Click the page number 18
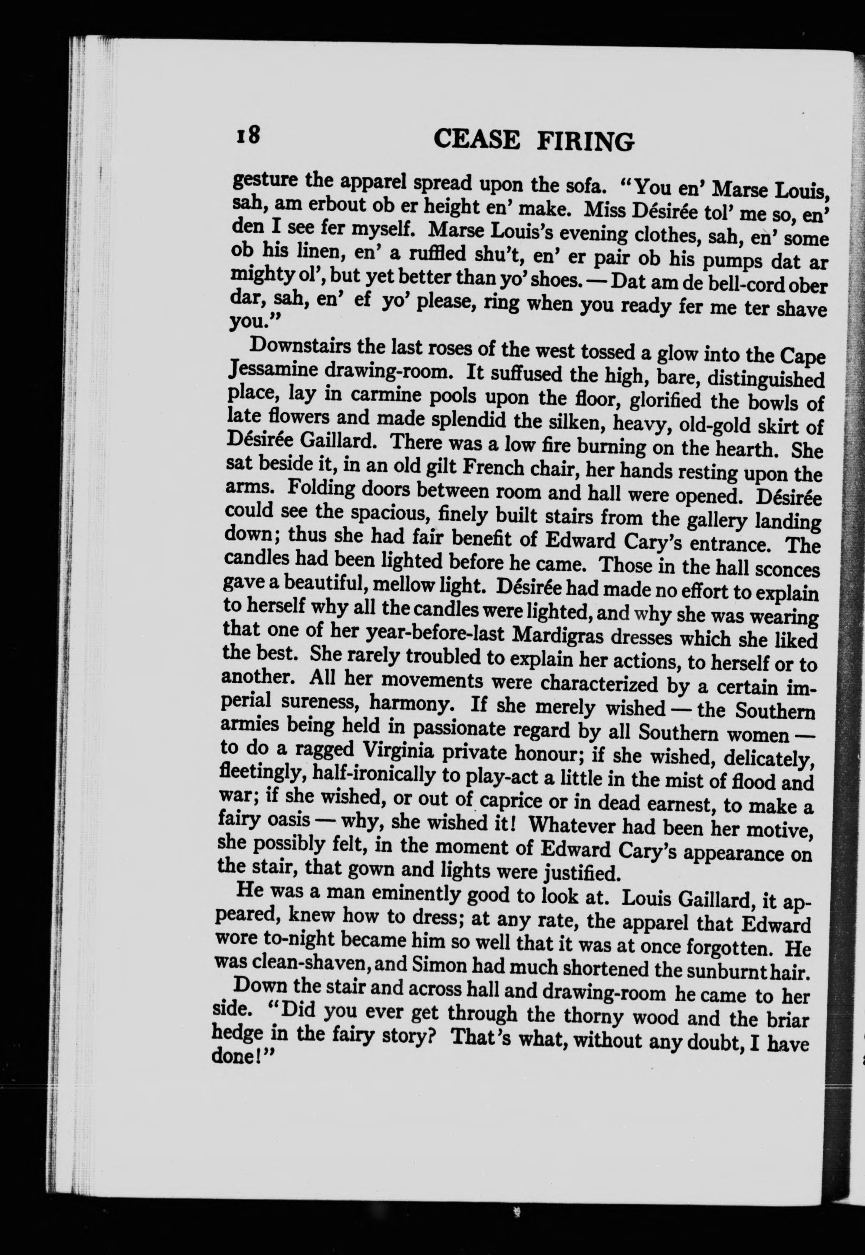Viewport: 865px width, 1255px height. [x=248, y=133]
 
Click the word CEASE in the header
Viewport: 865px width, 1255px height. [x=477, y=139]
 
